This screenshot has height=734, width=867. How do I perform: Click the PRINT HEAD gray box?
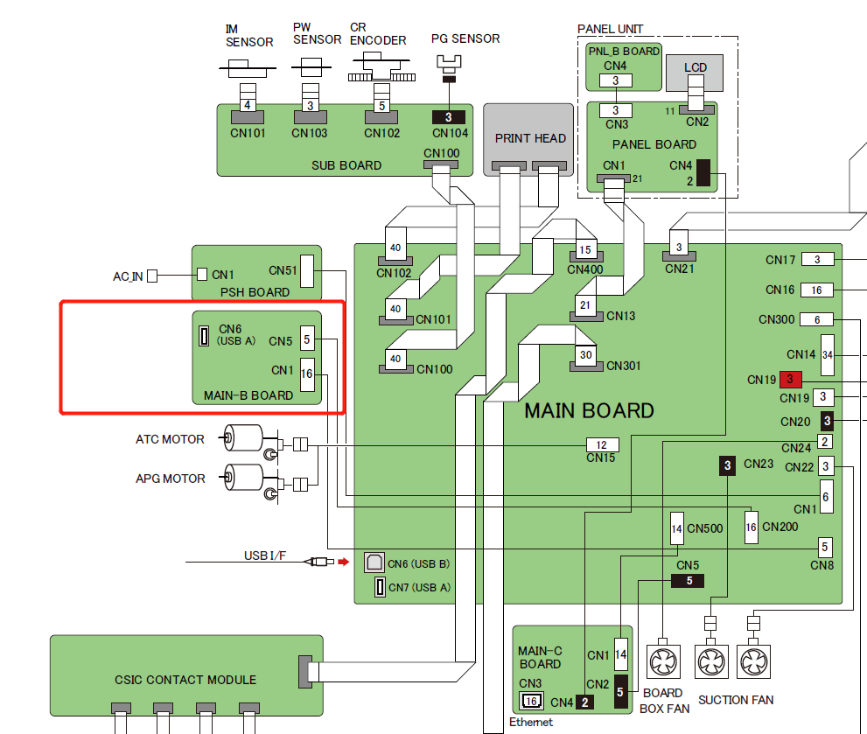click(x=530, y=137)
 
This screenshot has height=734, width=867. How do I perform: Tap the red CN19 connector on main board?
click(x=790, y=380)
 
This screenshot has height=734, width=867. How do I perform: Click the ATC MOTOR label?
click(x=170, y=439)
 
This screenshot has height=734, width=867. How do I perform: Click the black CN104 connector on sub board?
click(x=449, y=116)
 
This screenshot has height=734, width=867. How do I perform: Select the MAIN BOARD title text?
click(x=589, y=410)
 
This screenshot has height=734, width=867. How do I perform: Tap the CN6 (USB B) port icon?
click(x=374, y=563)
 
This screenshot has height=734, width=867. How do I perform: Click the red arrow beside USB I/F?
click(x=344, y=562)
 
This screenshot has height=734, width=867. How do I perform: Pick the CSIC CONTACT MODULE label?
click(x=185, y=680)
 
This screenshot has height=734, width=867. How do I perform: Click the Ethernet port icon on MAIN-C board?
click(x=531, y=700)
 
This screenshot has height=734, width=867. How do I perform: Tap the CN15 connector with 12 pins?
click(x=601, y=445)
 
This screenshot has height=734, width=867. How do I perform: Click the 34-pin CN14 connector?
click(x=827, y=354)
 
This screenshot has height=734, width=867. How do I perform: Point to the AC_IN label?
click(x=128, y=276)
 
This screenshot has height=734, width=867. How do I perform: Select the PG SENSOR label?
click(x=465, y=38)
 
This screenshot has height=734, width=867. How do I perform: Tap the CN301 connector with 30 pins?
click(x=585, y=355)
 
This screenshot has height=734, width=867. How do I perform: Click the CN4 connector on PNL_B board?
click(x=616, y=81)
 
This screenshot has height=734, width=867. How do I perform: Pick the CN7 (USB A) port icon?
click(x=380, y=587)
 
